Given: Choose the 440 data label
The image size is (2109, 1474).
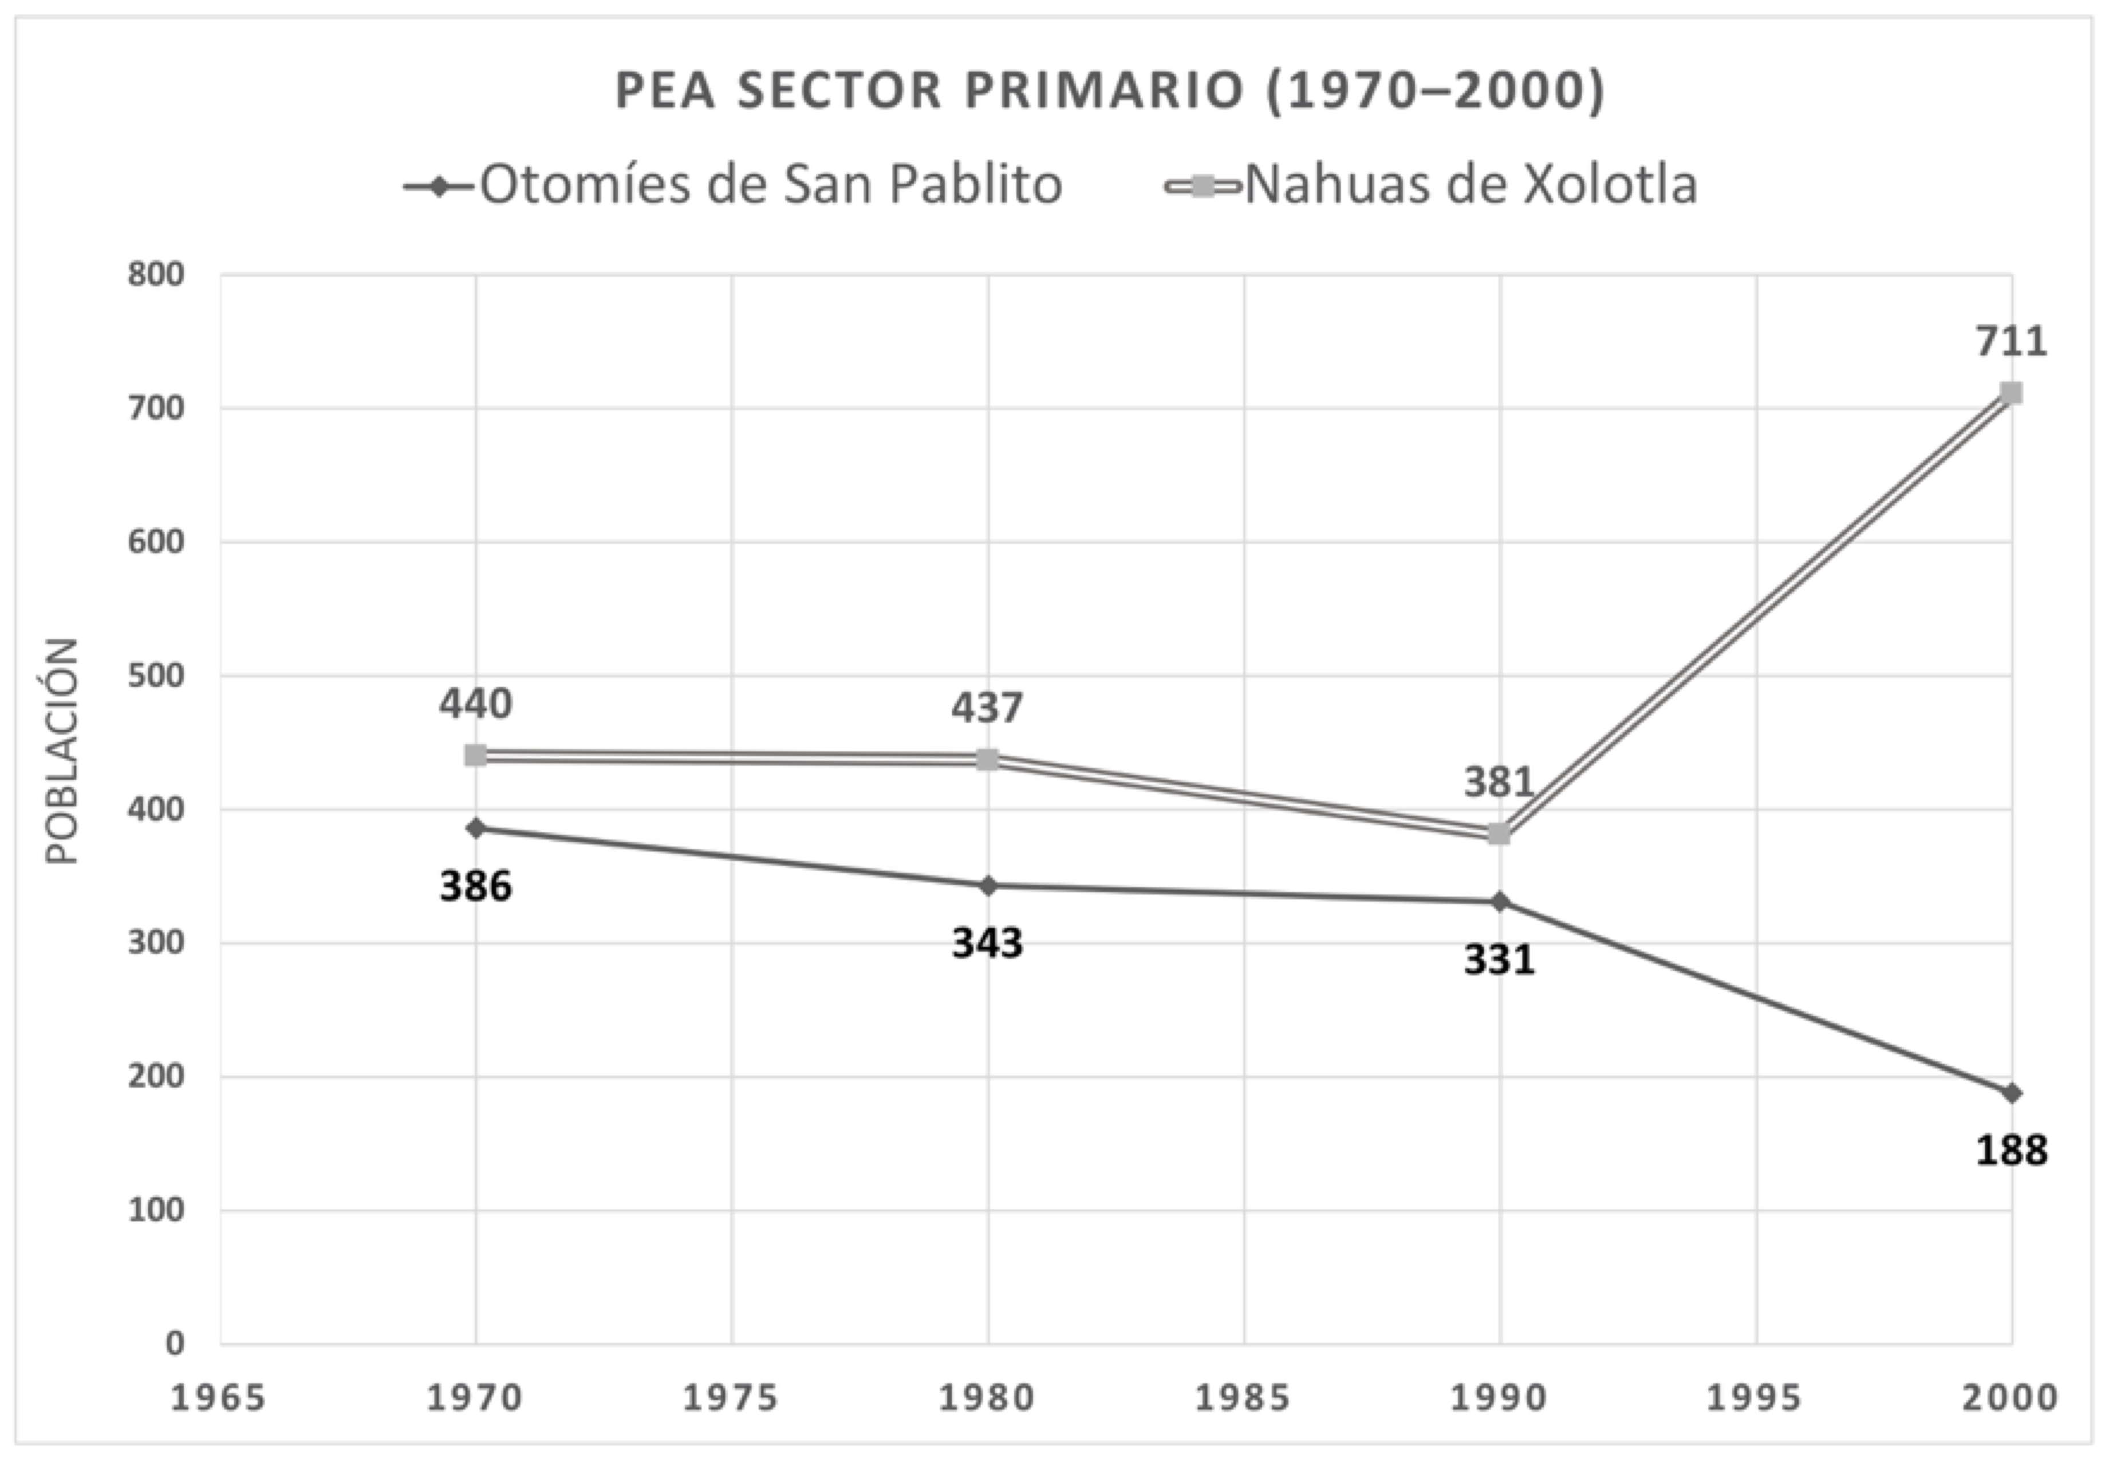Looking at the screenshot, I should [475, 705].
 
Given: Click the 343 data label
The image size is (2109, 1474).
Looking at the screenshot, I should [987, 943].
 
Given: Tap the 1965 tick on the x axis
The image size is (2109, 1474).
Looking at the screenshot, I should [219, 1398].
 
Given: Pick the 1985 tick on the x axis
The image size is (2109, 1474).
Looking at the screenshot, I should [1244, 1398].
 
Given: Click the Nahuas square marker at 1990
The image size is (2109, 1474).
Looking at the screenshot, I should [1500, 833].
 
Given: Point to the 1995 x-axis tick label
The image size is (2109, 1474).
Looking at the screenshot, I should [1755, 1398].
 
